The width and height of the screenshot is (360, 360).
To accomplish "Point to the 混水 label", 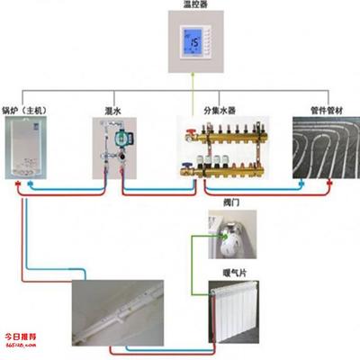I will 113,110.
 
